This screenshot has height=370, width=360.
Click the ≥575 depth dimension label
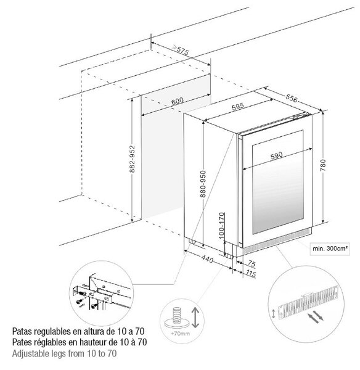[181, 49]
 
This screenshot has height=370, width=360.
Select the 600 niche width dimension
[178, 101]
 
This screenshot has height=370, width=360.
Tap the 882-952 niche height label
[133, 159]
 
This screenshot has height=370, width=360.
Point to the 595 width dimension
[237, 107]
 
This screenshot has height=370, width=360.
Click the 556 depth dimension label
[292, 98]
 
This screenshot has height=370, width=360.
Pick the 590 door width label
[276, 155]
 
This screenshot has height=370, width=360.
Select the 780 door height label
[323, 165]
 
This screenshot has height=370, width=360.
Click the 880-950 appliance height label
[203, 184]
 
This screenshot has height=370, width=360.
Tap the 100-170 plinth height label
[221, 226]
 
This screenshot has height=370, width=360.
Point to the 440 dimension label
[207, 259]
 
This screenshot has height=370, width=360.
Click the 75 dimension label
[252, 263]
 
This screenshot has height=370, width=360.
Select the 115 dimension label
[251, 274]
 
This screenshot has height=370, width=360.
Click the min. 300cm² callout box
[330, 249]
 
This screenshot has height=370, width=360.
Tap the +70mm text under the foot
[180, 334]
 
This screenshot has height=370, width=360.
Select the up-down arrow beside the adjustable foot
[195, 318]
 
